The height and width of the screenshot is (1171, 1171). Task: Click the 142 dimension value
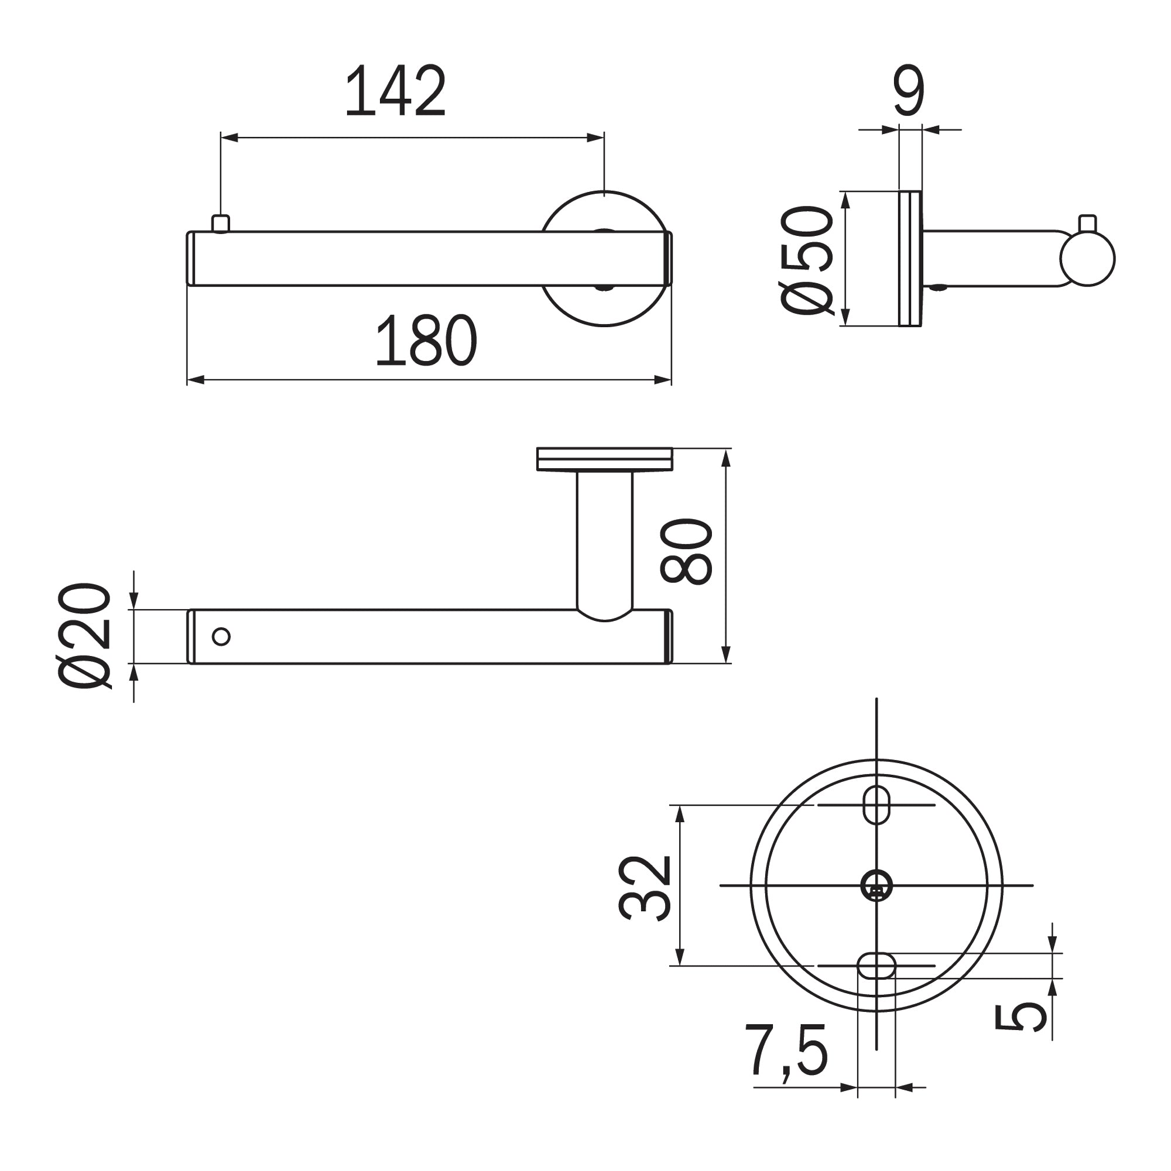395,90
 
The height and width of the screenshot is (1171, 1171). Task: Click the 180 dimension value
426,339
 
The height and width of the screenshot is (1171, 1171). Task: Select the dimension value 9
909,90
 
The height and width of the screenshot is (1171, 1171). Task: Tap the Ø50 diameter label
807,260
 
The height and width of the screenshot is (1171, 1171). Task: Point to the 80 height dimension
686,551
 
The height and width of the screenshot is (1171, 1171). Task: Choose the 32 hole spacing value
645,888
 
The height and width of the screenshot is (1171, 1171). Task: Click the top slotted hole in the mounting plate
876,805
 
